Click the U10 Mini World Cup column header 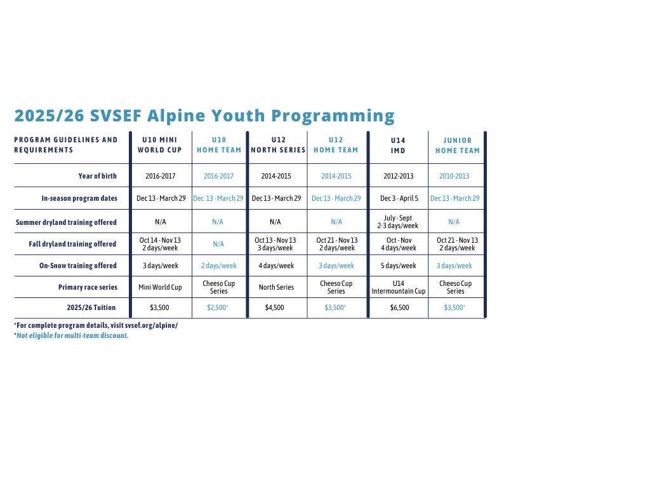tap(159, 145)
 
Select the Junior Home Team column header tap(457, 146)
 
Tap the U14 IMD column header tap(398, 146)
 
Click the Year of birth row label tap(97, 176)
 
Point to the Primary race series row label tap(88, 287)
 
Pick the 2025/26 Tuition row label tap(91, 308)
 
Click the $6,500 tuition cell tap(399, 308)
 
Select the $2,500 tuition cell tap(218, 308)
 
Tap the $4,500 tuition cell tap(274, 308)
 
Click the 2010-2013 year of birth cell tap(454, 176)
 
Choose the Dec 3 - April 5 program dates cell tap(399, 198)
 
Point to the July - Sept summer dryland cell tap(397, 222)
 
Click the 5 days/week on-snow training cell tap(399, 266)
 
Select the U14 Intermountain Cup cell tap(399, 287)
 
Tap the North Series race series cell tap(276, 287)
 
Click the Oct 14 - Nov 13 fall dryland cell tap(160, 244)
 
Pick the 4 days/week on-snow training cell tap(276, 266)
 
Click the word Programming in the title tap(333, 116)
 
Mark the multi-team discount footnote tap(71, 335)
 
